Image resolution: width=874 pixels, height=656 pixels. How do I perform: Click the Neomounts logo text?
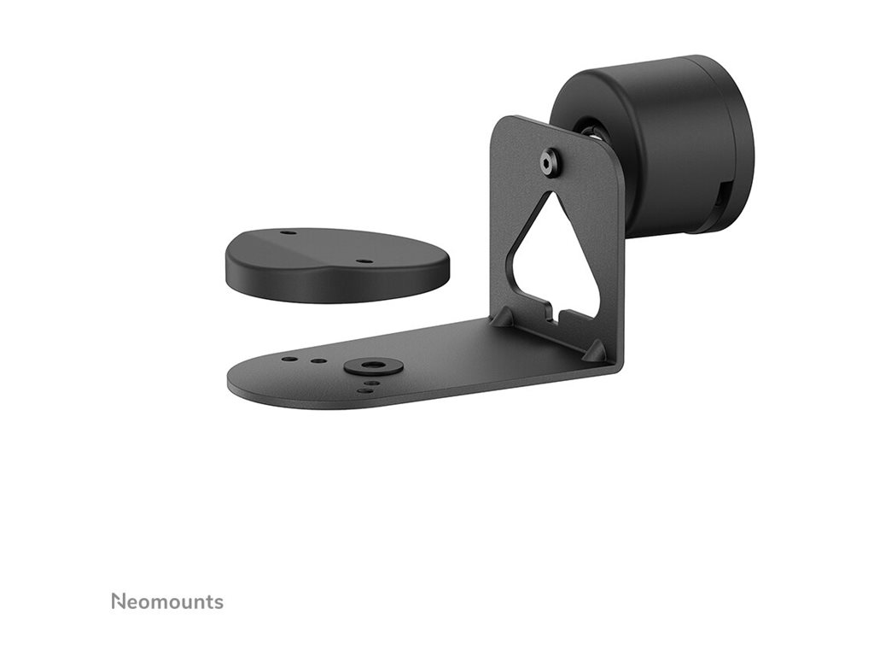coord(167,601)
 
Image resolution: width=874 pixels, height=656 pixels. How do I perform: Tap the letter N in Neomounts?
coord(117,601)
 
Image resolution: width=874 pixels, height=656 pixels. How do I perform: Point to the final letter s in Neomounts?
coord(219,603)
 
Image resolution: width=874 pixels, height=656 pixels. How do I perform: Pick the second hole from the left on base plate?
coord(318,361)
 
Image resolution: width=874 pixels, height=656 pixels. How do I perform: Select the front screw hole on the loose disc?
coord(364,261)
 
